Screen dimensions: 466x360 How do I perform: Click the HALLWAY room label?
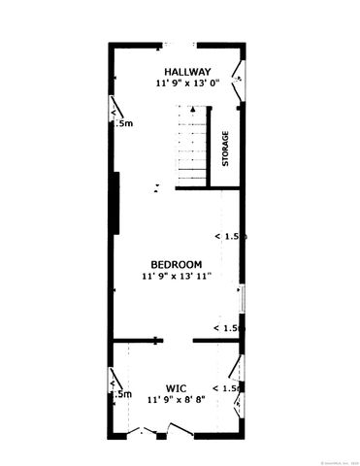(x=187, y=72)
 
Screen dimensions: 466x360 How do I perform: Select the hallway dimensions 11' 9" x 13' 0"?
(x=187, y=83)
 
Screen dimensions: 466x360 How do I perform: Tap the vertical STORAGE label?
(x=225, y=149)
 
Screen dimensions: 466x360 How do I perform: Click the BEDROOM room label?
(x=176, y=264)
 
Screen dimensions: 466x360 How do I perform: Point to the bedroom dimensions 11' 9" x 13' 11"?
(x=176, y=276)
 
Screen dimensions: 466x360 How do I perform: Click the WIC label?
(x=176, y=386)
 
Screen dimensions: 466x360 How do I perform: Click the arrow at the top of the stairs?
(x=194, y=112)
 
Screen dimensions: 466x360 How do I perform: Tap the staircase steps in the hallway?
(x=193, y=150)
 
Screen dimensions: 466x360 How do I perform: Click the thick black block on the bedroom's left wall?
(x=115, y=202)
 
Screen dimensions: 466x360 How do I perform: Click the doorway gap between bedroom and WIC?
(x=178, y=340)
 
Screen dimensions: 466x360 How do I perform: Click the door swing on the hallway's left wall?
(x=116, y=115)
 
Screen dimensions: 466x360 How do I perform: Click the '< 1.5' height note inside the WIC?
(x=228, y=388)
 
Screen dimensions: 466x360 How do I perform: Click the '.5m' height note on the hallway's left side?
(x=122, y=124)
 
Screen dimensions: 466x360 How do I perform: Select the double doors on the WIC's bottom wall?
(x=155, y=428)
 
